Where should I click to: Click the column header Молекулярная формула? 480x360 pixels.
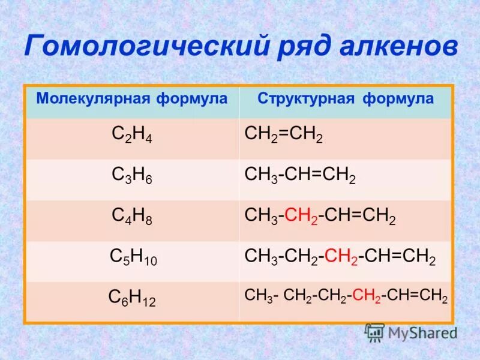pos(132,98)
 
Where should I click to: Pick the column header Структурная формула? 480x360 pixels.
pos(346,98)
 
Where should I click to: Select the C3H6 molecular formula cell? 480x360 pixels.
pos(132,175)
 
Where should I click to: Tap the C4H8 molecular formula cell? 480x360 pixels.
pos(132,217)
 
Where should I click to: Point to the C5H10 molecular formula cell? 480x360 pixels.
pos(133,257)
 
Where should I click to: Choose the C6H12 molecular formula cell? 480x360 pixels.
pos(132,298)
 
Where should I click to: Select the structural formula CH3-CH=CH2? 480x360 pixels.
pos(300,176)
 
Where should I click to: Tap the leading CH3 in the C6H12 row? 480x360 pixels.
pos(259,296)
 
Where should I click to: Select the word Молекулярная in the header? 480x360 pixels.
pos(88,98)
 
